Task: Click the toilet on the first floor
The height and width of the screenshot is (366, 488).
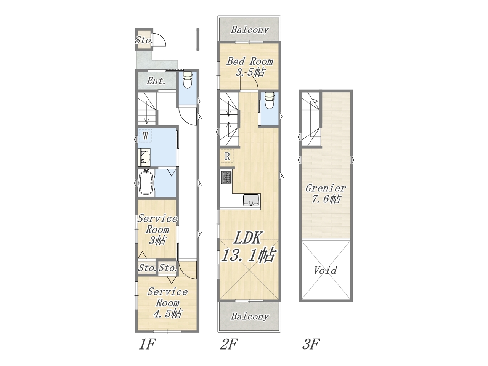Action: [188, 80]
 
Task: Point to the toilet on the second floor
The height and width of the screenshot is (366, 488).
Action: [269, 101]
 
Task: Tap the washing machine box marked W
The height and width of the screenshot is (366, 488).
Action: [145, 135]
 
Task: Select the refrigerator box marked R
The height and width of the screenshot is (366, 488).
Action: [227, 156]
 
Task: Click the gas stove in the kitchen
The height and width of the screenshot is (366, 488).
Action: [226, 178]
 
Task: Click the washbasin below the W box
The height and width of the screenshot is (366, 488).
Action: [144, 157]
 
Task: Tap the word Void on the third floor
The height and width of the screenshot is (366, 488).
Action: [325, 270]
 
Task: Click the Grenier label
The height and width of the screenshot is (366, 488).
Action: [326, 188]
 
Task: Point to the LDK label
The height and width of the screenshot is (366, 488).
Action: [247, 238]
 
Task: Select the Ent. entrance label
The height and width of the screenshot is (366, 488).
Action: [156, 81]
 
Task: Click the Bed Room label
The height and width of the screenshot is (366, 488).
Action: [250, 61]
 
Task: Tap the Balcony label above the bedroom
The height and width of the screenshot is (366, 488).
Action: [250, 30]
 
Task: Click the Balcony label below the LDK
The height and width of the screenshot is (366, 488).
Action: [250, 317]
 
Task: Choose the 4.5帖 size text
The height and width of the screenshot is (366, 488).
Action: [168, 313]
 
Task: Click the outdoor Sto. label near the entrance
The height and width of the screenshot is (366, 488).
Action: [144, 40]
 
